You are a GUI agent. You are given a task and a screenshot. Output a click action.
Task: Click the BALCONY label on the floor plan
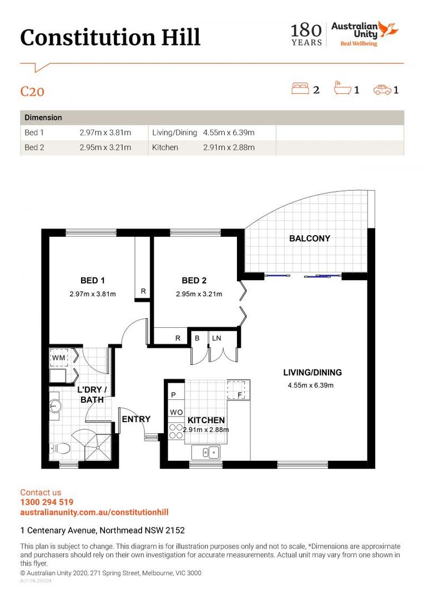click(309, 238)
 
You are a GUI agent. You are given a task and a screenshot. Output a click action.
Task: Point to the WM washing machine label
click(58, 358)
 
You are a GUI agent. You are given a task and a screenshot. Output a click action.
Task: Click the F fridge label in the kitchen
click(240, 395)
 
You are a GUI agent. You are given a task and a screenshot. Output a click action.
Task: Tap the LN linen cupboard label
click(216, 338)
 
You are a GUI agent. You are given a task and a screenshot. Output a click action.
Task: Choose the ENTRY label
click(136, 419)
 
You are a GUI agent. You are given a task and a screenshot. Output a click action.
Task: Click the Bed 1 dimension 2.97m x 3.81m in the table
click(105, 133)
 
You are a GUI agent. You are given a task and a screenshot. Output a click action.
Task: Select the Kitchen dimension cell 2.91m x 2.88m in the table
click(229, 148)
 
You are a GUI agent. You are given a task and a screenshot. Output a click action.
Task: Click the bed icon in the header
click(300, 89)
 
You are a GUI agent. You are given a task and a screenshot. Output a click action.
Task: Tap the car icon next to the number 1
click(382, 90)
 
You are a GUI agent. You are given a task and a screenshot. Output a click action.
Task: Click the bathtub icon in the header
click(342, 88)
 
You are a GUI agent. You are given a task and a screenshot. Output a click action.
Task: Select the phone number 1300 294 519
click(47, 502)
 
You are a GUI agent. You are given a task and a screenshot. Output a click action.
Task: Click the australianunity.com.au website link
click(94, 512)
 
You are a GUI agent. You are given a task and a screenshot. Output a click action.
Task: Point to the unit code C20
click(32, 92)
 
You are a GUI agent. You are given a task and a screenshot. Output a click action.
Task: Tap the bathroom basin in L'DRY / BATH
click(55, 405)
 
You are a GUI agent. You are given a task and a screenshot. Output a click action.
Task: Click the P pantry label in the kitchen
click(173, 395)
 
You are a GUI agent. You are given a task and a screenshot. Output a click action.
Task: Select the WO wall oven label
click(176, 412)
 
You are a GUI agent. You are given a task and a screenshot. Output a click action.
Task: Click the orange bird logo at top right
click(389, 29)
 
